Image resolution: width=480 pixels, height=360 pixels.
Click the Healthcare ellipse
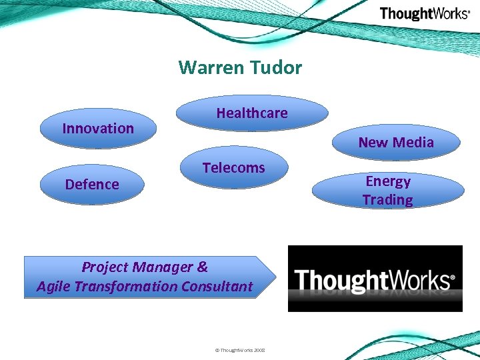point(252,113)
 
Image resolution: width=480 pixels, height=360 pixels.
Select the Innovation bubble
point(98,128)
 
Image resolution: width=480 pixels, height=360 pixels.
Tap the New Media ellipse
point(396,142)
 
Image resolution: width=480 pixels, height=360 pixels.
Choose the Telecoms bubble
point(233,168)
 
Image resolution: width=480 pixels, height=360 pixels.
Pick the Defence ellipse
point(92,185)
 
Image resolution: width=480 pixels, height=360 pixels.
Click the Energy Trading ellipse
point(388,191)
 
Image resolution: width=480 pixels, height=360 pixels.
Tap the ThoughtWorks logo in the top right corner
point(424,14)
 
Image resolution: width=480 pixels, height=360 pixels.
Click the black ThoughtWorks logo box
point(375,279)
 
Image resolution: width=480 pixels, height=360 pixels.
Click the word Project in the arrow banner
point(104,267)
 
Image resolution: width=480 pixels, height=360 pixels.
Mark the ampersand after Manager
point(203,267)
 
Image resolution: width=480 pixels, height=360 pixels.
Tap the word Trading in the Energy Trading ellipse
point(388,200)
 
